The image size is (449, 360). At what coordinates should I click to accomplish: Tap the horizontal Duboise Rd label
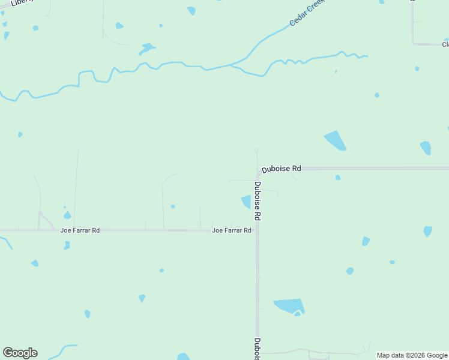[x=281, y=169]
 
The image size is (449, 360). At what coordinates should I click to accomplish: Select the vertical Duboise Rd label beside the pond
[x=258, y=200]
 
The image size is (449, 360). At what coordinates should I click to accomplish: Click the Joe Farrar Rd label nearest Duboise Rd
[x=231, y=230]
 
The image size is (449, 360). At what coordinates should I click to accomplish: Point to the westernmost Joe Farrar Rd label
[x=80, y=230]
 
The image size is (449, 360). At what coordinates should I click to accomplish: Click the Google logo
[x=20, y=353]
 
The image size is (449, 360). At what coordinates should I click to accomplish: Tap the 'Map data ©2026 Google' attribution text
[x=412, y=355]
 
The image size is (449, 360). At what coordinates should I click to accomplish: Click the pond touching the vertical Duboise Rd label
[x=246, y=202]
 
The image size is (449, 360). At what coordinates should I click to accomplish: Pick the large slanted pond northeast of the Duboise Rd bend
[x=336, y=140]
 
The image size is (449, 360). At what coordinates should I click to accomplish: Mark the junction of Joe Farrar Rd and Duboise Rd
[x=258, y=230]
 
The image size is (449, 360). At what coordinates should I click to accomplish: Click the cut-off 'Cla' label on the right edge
[x=445, y=44]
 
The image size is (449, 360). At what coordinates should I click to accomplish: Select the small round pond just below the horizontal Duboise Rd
[x=338, y=178]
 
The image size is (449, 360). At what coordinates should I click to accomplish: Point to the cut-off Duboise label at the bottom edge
[x=257, y=349]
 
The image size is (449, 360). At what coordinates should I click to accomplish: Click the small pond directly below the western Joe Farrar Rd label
[x=67, y=245]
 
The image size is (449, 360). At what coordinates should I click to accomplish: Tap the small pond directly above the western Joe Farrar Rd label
[x=67, y=215]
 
